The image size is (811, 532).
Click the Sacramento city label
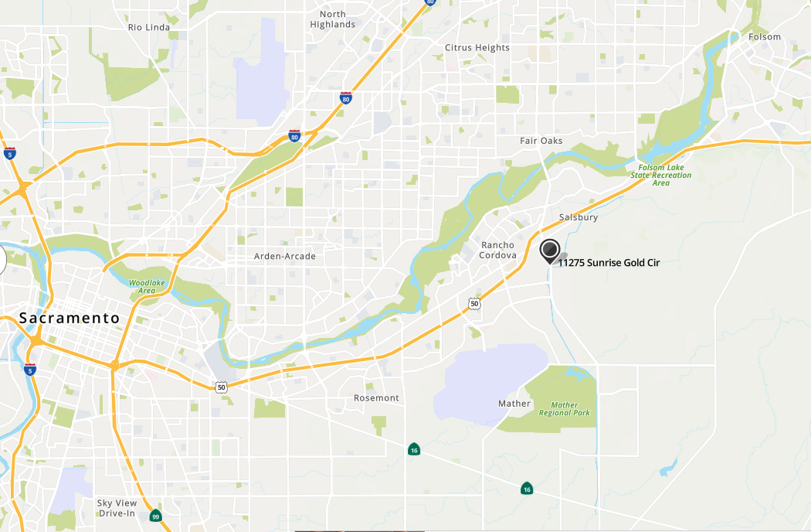[70, 318]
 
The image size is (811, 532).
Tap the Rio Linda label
[148, 27]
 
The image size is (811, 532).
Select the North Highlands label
[333, 19]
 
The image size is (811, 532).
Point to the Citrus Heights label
[477, 48]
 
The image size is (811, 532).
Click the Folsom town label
[765, 37]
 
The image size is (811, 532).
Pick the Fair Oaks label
[541, 141]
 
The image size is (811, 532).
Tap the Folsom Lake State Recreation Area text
[660, 175]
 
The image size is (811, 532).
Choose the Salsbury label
[578, 217]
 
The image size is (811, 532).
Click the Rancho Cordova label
[497, 251]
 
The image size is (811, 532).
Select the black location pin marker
[549, 251]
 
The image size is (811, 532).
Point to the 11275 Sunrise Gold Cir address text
[609, 263]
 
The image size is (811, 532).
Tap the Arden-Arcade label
[285, 256]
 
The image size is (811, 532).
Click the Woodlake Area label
[148, 287]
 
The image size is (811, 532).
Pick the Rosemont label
[376, 398]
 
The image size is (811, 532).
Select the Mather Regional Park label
[571, 409]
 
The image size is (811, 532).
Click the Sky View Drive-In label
[116, 508]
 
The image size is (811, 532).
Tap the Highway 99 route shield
[156, 517]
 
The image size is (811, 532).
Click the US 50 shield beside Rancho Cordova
[474, 304]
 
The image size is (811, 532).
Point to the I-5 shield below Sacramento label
[30, 369]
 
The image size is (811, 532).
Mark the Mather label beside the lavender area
[514, 404]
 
